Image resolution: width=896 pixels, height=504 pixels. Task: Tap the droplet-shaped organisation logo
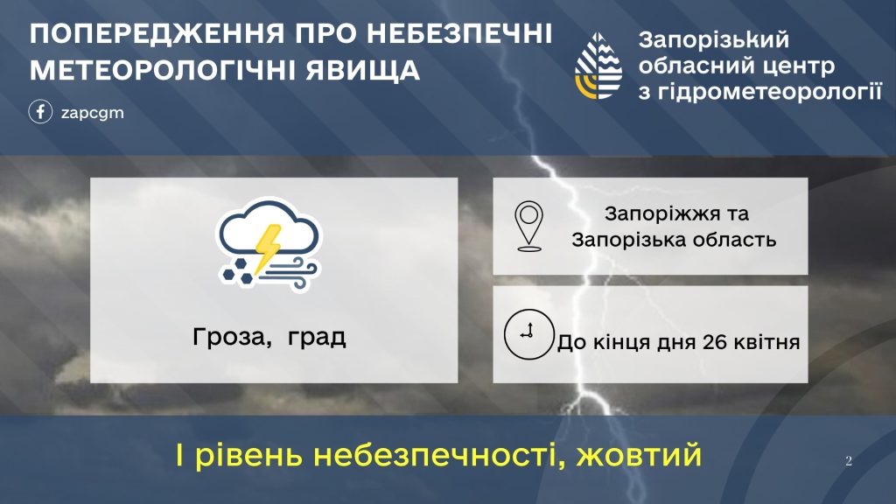point(599,66)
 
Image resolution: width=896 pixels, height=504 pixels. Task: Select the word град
point(317,338)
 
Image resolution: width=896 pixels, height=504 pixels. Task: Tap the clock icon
point(528,333)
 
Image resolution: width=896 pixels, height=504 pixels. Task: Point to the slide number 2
point(848,461)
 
